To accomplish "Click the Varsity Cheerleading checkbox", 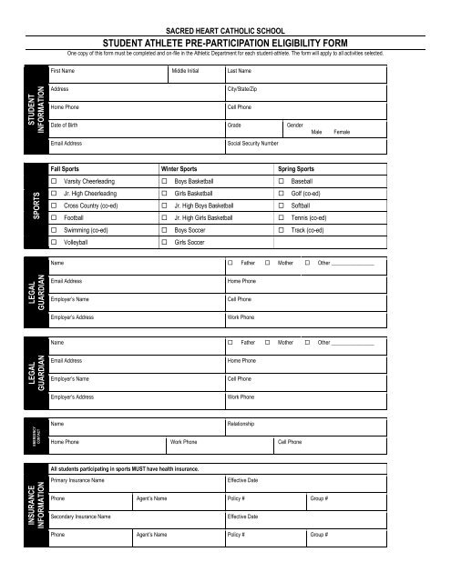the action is click(55, 182).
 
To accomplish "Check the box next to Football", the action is click(55, 218).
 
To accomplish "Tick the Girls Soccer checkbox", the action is click(165, 243).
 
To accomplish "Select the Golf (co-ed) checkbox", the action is click(282, 194).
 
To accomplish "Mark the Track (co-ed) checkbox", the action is click(282, 231).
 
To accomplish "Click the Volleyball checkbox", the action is click(55, 243).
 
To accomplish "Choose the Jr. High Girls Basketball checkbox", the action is click(165, 218).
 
